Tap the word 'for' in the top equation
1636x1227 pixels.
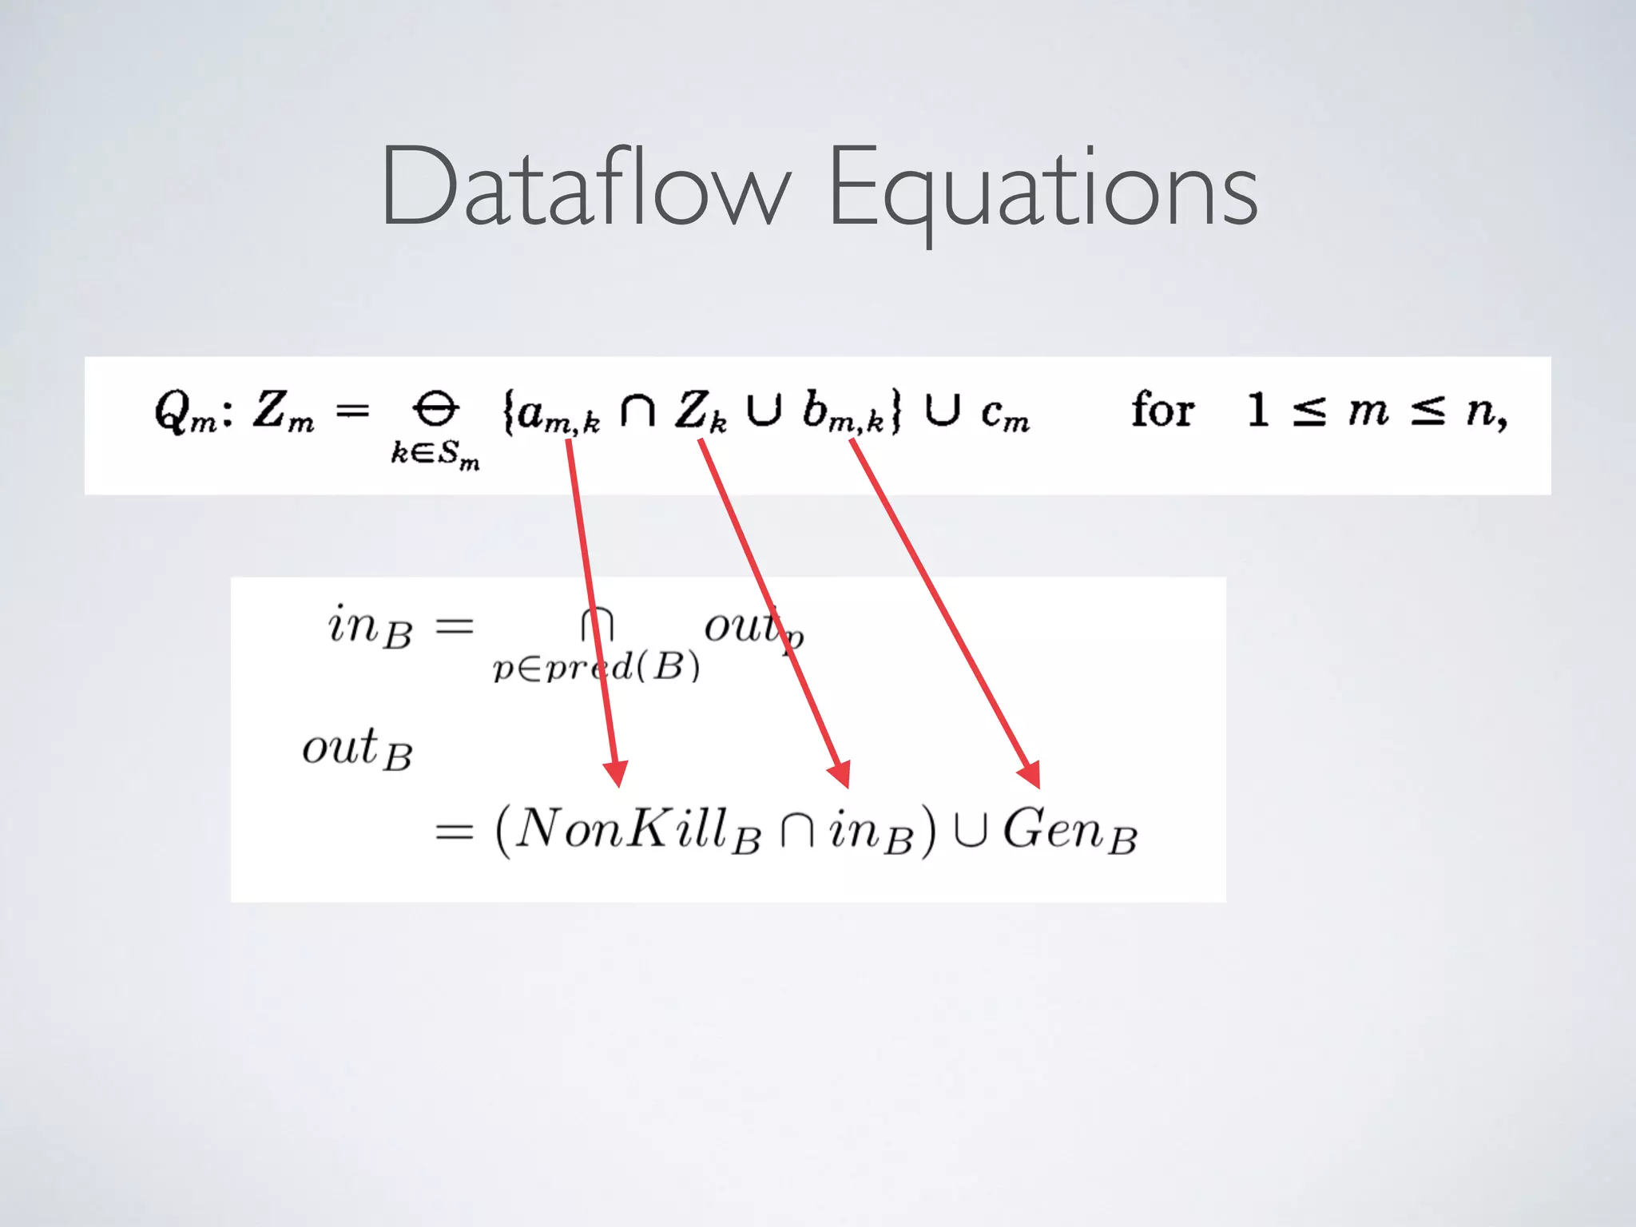[1162, 411]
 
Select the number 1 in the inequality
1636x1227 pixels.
[1257, 411]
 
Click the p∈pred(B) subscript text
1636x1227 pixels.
[596, 666]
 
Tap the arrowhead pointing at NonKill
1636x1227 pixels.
[616, 773]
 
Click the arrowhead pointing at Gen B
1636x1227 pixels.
[1030, 773]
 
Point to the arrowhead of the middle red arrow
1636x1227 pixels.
[840, 773]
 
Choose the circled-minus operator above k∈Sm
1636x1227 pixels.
[435, 409]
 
